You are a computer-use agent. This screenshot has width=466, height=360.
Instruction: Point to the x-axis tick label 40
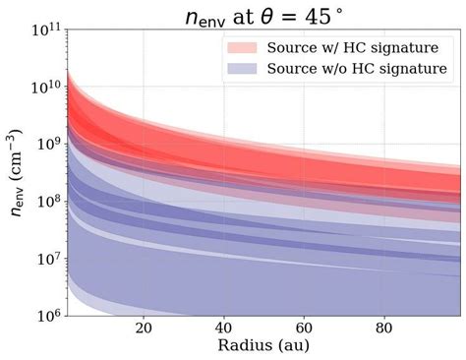224,329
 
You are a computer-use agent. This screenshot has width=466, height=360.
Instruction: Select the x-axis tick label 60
305,329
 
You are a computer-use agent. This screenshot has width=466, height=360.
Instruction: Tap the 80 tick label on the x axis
385,329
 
